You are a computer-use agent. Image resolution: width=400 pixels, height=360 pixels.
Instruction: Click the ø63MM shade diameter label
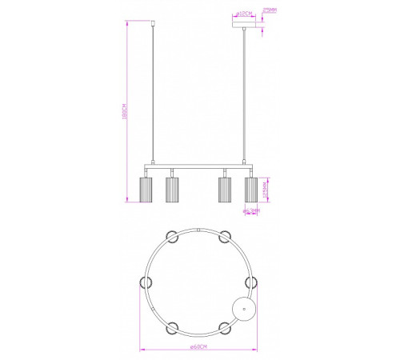250,212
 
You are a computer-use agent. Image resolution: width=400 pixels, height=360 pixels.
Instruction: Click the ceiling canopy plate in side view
244,26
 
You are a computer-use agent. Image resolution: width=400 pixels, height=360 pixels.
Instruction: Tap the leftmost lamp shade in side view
146,190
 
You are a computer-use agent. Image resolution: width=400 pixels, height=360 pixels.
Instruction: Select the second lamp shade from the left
170,190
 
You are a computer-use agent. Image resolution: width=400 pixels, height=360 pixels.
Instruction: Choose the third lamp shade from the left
225,190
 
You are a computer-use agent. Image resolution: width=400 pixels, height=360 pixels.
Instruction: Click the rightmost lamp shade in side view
250,190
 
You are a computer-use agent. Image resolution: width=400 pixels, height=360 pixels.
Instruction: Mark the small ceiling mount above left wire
153,23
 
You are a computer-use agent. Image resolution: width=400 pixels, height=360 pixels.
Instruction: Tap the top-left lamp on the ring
171,234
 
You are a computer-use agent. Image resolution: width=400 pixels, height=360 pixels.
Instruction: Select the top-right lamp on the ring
225,234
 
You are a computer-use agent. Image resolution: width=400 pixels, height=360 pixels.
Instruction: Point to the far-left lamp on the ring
146,281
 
